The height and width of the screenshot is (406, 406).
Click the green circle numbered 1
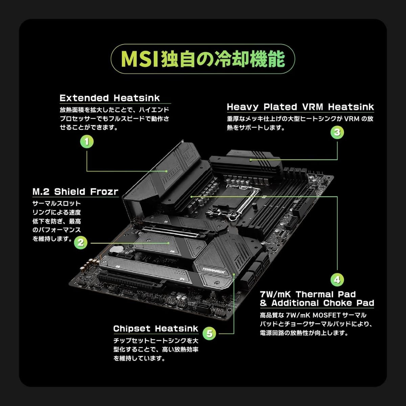(x=87, y=141)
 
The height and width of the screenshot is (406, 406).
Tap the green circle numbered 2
(x=81, y=243)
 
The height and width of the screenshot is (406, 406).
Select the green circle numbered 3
(x=337, y=132)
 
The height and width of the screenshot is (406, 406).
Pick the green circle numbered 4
(x=337, y=280)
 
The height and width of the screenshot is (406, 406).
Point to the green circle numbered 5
(x=209, y=333)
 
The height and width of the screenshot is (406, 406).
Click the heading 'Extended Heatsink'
(x=110, y=98)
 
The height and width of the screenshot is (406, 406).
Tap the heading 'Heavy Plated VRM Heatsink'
(x=300, y=107)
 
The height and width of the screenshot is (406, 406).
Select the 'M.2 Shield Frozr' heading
(x=75, y=191)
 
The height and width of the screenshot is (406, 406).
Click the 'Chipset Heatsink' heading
(x=156, y=329)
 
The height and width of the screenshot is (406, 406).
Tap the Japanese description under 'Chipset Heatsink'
(x=156, y=349)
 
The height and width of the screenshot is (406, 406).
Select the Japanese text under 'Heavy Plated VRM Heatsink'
(x=300, y=123)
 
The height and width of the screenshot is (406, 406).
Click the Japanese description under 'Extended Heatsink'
(x=114, y=119)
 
